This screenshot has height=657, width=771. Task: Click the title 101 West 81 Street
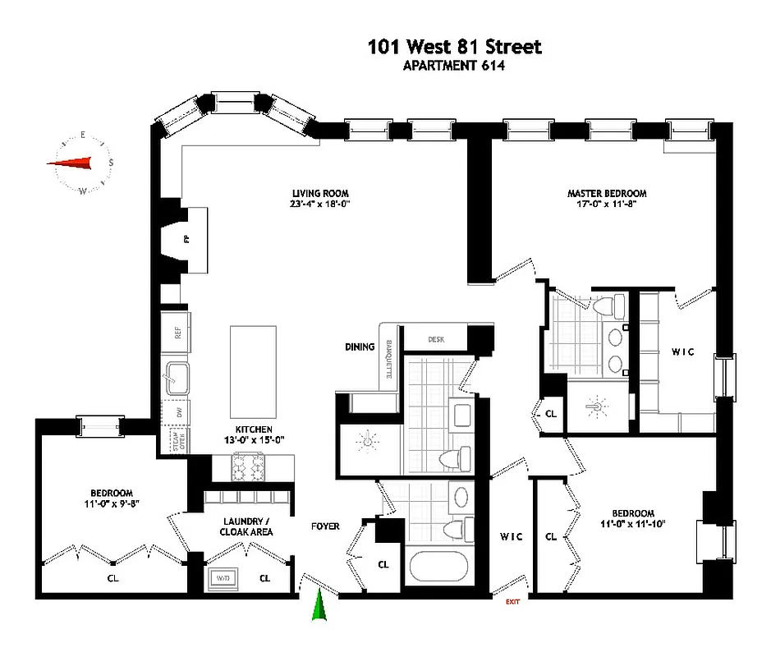[454, 47]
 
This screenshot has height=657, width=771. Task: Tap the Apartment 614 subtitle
[453, 67]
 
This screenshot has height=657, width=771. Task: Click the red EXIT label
[512, 602]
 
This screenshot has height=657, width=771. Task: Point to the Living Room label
[319, 194]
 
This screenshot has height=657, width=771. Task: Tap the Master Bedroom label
[607, 194]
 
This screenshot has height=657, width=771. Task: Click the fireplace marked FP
[186, 239]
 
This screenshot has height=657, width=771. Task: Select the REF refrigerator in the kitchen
[176, 333]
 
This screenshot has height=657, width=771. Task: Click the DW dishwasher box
[177, 412]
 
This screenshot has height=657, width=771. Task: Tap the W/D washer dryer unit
[223, 578]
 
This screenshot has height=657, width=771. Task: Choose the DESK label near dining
[435, 338]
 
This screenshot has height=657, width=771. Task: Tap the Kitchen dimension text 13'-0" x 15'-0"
[255, 440]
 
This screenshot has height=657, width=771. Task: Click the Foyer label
[324, 526]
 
